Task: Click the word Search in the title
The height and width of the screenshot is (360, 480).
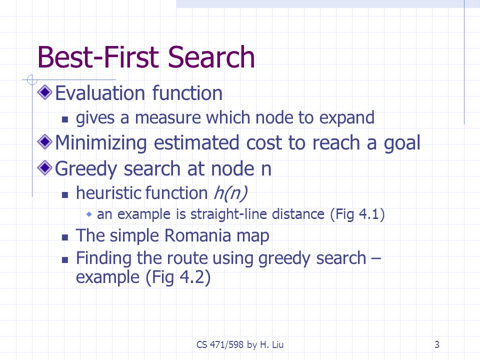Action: click(x=211, y=57)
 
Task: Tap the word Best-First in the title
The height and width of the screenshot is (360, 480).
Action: click(x=98, y=57)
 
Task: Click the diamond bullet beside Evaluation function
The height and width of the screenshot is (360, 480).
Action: click(x=44, y=92)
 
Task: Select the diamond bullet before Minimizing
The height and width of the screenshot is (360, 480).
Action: click(x=44, y=141)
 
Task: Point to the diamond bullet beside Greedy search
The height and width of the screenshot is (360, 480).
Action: click(x=44, y=168)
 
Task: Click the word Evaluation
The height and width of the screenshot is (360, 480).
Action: click(x=100, y=93)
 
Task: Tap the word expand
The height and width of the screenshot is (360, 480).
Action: click(x=346, y=118)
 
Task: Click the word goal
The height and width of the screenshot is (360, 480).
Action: click(x=402, y=143)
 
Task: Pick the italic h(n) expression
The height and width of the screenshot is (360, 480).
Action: click(x=230, y=193)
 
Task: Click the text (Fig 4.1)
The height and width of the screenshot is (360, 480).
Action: click(x=357, y=214)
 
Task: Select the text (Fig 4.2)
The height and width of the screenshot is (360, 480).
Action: click(x=178, y=277)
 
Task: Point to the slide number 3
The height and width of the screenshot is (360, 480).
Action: click(x=437, y=344)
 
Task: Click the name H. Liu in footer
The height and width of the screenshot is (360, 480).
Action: click(x=272, y=344)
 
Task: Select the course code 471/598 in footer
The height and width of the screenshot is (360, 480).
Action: click(x=226, y=344)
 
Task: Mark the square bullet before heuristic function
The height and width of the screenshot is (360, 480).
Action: click(x=65, y=195)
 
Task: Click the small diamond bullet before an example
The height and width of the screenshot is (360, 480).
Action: click(x=89, y=214)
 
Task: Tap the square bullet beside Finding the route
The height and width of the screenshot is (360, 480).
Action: click(x=65, y=260)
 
